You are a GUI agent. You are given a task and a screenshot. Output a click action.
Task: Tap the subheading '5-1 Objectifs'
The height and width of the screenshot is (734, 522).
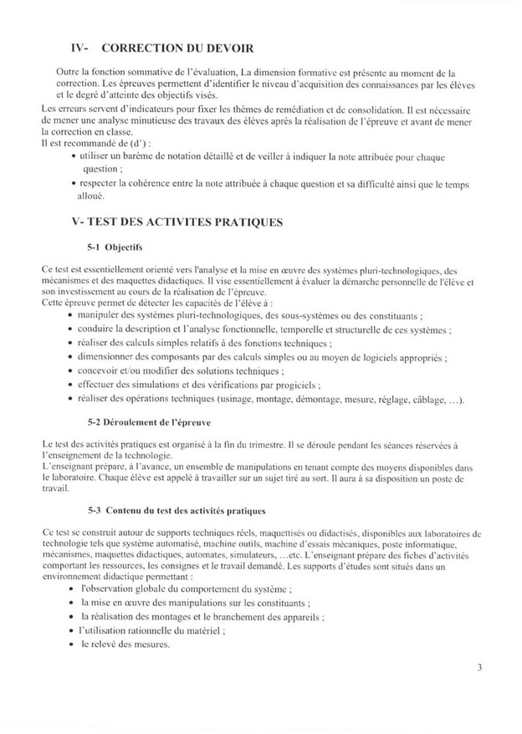115,248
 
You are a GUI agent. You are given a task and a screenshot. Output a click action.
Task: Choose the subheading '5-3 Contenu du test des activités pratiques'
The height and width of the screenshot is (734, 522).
183,509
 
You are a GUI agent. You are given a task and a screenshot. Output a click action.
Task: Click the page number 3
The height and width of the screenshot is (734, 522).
479,667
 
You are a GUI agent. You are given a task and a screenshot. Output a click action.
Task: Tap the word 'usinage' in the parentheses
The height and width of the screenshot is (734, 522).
261,400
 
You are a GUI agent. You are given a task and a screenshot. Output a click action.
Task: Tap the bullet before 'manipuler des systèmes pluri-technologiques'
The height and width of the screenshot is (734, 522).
69,315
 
